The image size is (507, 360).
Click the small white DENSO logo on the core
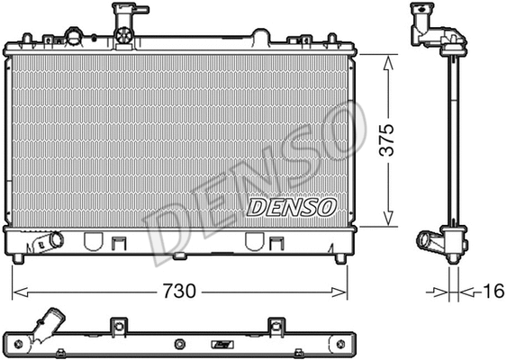tap(291, 207)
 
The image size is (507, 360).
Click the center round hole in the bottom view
tap(180, 343)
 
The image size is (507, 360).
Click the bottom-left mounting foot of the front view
tap(18, 258)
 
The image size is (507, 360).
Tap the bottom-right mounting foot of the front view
tap(340, 258)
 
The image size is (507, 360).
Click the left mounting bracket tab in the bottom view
tap(114, 326)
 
